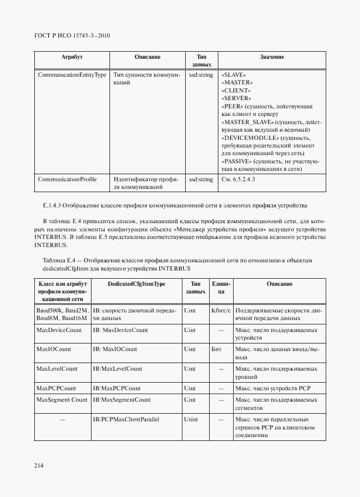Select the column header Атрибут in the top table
point(72,57)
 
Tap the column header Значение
point(272,57)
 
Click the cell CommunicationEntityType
point(72,75)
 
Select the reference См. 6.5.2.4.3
point(239,179)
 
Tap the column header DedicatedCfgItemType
point(136,284)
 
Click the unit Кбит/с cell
point(221,310)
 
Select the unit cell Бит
point(216,349)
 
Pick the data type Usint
point(191,420)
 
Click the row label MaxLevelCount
point(57,369)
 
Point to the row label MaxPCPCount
point(56,388)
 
